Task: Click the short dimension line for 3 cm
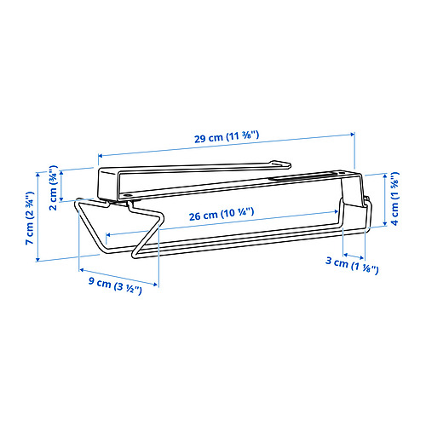click(x=354, y=255)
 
